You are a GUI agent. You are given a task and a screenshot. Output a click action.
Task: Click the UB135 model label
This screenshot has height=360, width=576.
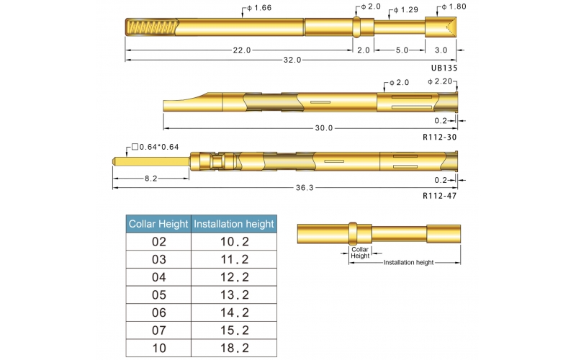444,68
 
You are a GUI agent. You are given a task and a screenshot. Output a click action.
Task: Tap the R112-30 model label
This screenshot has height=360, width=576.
440,137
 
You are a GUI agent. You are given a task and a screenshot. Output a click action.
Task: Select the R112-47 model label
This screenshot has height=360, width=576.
440,196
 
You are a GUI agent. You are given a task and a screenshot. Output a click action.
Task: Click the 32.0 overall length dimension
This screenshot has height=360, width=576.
292,60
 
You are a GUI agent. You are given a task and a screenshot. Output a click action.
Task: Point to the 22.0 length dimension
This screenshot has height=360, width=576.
242,50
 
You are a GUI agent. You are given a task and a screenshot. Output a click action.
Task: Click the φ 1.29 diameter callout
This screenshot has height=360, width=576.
406,10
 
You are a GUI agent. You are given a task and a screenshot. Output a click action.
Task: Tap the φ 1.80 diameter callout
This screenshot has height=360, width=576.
454,6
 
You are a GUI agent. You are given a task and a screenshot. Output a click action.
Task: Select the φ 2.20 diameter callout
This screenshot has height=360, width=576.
440,81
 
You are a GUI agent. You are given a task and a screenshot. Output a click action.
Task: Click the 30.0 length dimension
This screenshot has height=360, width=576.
323,128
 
